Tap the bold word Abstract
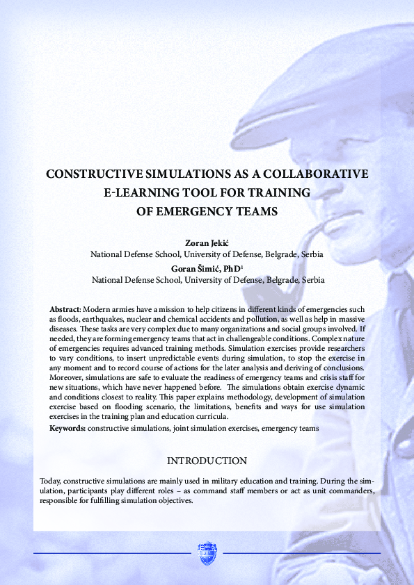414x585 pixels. click(65, 308)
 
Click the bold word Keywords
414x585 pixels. click(67, 429)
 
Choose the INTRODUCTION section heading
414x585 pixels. click(207, 461)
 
